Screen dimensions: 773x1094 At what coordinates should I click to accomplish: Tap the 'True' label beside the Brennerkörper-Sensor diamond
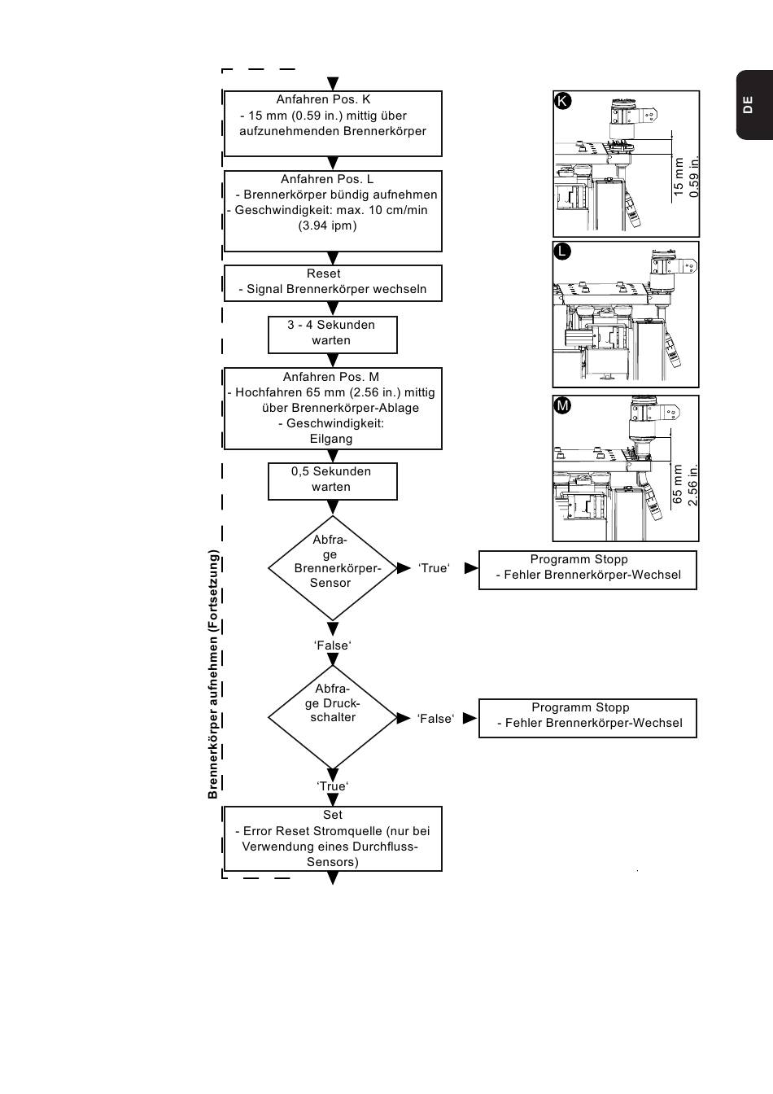pyautogui.click(x=435, y=568)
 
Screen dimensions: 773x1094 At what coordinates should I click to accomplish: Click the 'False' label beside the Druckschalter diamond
pyautogui.click(x=435, y=719)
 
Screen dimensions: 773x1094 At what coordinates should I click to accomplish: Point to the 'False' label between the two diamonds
pyautogui.click(x=333, y=645)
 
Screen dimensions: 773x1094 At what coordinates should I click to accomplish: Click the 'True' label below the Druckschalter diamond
pyautogui.click(x=333, y=785)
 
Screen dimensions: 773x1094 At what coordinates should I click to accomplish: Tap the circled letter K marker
pyautogui.click(x=563, y=101)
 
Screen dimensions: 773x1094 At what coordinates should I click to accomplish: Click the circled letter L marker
pyautogui.click(x=562, y=252)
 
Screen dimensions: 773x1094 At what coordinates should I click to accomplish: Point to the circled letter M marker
pyautogui.click(x=562, y=405)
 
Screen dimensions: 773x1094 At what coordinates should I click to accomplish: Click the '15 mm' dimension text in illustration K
pyautogui.click(x=679, y=177)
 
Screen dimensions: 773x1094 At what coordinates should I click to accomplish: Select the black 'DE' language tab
pyautogui.click(x=754, y=105)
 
